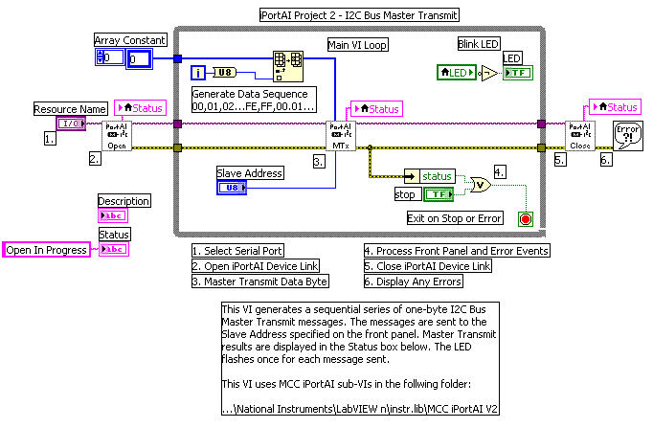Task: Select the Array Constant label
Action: coord(130,39)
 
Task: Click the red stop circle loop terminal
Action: coord(523,218)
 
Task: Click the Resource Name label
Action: coord(71,108)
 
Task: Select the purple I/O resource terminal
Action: coord(70,124)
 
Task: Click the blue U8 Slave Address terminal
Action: coord(232,188)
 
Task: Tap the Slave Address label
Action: coord(248,172)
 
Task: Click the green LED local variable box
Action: coord(456,72)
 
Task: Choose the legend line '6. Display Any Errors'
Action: coord(415,281)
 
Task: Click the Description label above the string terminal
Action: coord(124,201)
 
